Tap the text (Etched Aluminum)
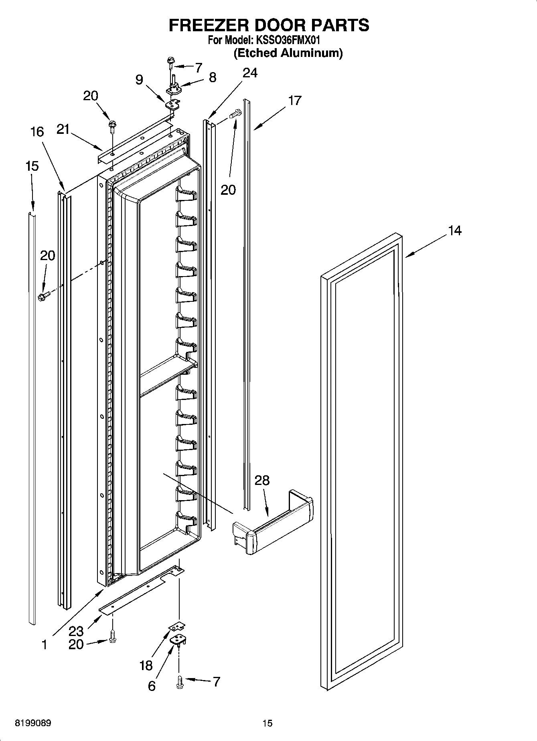coord(288,53)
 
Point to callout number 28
coord(262,480)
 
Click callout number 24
coord(250,73)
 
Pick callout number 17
coord(294,100)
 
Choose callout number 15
coord(32,166)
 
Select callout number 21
coord(63,129)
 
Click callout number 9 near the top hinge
coord(139,80)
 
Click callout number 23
coord(76,631)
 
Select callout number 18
coord(146,665)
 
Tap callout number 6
coord(152,686)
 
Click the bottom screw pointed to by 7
coord(179,681)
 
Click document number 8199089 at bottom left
coord(33,723)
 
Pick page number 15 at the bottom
coord(267,723)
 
